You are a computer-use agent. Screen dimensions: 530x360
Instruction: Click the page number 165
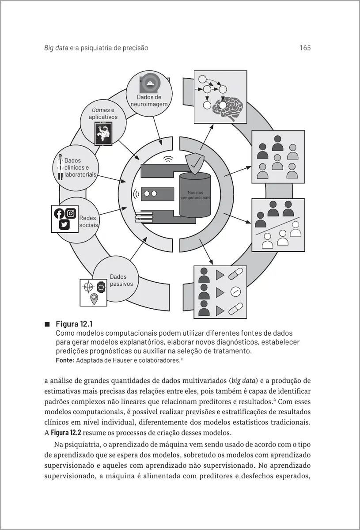click(x=305, y=48)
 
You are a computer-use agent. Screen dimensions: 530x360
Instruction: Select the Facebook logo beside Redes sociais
click(x=59, y=214)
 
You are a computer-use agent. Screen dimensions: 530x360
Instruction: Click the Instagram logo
click(x=71, y=214)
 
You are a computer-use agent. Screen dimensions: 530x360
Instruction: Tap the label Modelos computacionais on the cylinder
click(x=195, y=195)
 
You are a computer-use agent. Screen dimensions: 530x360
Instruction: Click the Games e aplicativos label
click(x=103, y=114)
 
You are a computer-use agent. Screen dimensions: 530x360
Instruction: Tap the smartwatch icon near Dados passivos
click(x=101, y=286)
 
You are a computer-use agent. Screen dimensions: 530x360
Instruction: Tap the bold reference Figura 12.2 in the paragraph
click(x=66, y=432)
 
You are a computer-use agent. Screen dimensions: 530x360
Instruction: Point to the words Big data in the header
click(x=56, y=48)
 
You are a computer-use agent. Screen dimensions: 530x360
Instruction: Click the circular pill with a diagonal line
click(x=235, y=291)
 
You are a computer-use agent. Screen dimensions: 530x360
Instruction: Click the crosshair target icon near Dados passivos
click(x=88, y=286)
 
